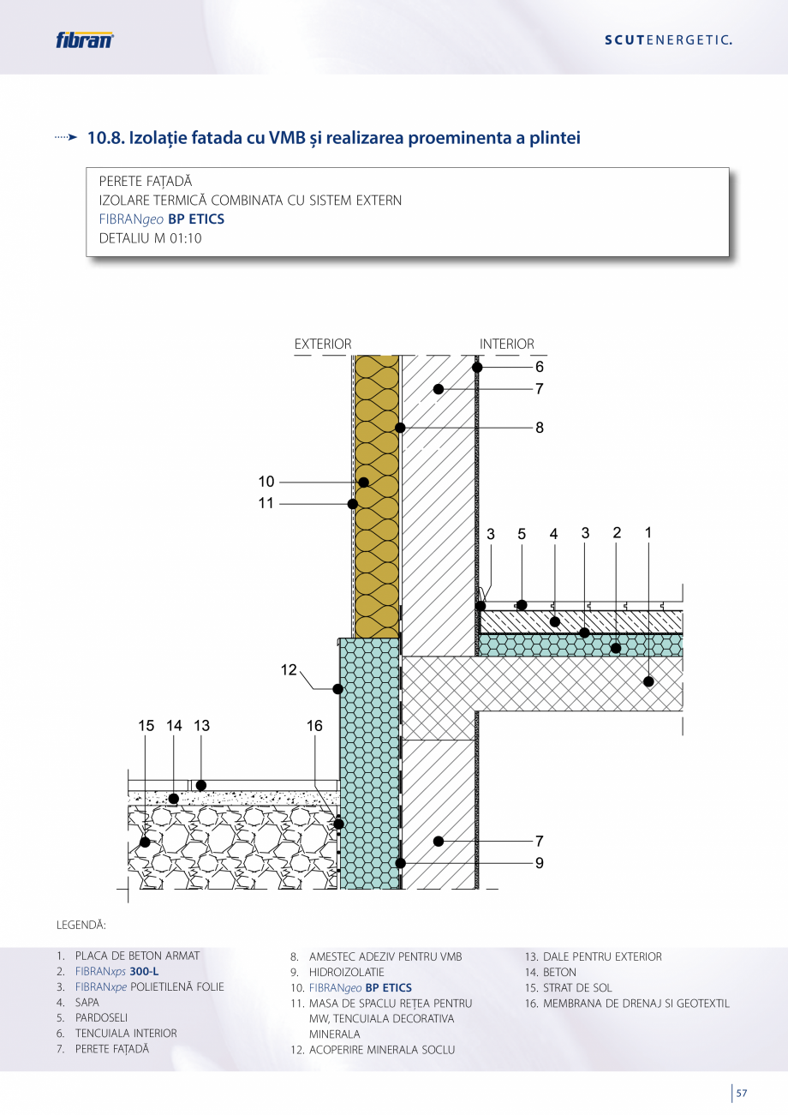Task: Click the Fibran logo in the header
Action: click(x=84, y=39)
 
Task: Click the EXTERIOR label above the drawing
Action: click(x=323, y=345)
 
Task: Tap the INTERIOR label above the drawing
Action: click(x=506, y=345)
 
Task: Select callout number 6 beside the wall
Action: click(x=540, y=367)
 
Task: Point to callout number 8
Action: click(x=540, y=427)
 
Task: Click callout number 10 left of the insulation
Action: click(x=266, y=482)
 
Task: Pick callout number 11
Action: click(x=266, y=503)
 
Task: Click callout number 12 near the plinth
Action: click(x=289, y=670)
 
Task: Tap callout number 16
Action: click(x=314, y=726)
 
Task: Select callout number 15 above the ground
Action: click(x=146, y=726)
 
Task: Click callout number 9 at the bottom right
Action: click(x=540, y=863)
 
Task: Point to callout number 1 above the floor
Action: click(x=648, y=532)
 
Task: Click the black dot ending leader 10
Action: click(x=364, y=483)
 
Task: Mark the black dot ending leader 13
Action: click(x=201, y=785)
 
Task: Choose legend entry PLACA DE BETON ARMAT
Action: click(x=137, y=956)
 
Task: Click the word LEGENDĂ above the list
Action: click(x=81, y=926)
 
